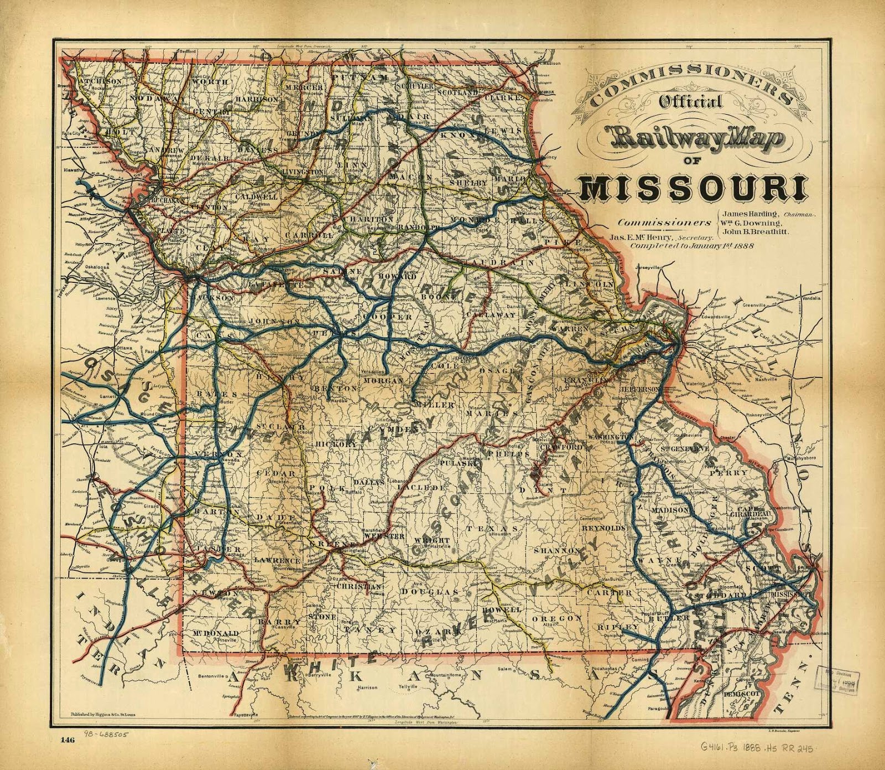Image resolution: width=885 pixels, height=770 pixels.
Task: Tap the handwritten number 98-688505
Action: pos(106,735)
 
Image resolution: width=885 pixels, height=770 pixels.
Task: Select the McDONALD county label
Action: pos(216,633)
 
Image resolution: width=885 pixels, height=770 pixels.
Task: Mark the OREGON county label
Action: pos(556,618)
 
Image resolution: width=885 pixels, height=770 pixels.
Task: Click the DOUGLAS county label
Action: pos(437,592)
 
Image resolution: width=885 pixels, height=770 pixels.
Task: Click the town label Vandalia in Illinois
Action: pos(811,298)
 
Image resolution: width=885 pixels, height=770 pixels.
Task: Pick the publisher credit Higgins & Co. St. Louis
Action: pos(105,715)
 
